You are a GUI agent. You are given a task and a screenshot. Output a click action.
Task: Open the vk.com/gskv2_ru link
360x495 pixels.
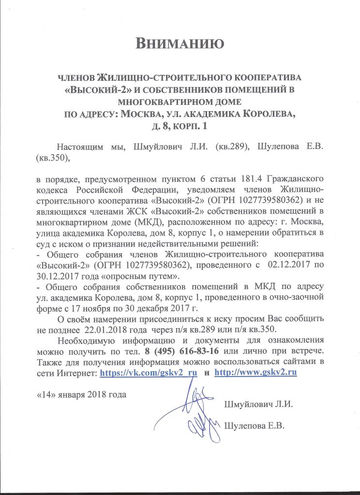pos(148,373)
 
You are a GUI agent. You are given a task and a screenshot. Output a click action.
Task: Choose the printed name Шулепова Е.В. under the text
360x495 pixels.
pos(254,426)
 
